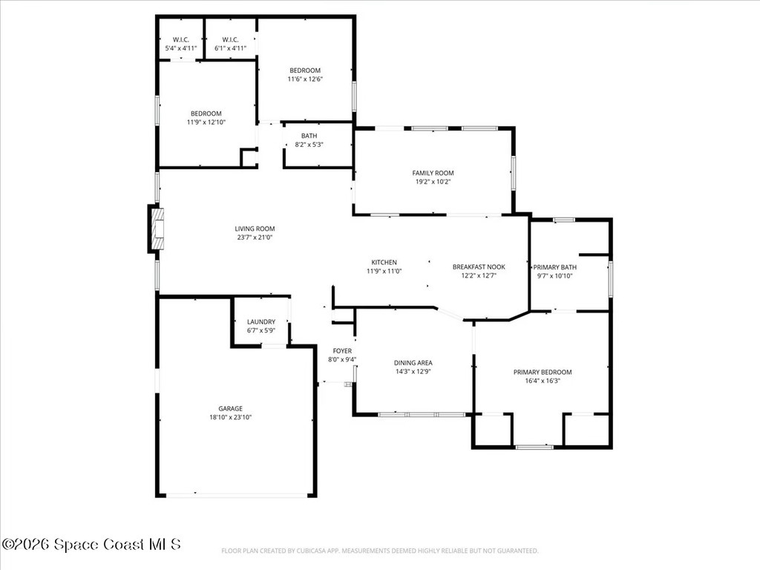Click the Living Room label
click(255, 229)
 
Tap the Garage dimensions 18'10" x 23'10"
click(230, 417)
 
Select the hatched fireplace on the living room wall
click(157, 229)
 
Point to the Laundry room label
click(261, 322)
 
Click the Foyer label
click(342, 351)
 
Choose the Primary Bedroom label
click(543, 373)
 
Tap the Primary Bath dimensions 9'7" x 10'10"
click(555, 276)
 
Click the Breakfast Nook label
click(479, 267)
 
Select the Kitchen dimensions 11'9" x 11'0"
click(384, 272)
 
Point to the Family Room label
click(433, 173)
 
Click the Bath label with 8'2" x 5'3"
click(309, 137)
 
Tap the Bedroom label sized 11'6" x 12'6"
click(305, 71)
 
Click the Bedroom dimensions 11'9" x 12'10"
click(206, 122)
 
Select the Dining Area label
click(413, 362)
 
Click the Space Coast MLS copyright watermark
click(91, 544)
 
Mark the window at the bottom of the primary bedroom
click(534, 447)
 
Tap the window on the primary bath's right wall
click(610, 279)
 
